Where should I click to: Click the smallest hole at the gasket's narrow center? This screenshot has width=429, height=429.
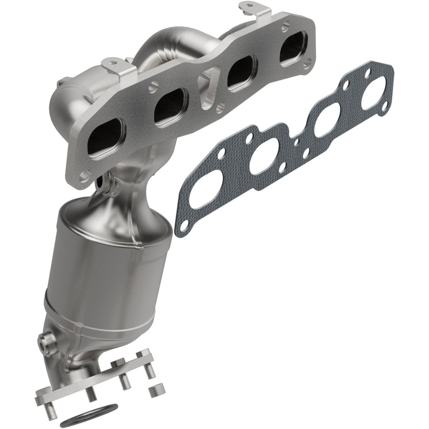296,142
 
